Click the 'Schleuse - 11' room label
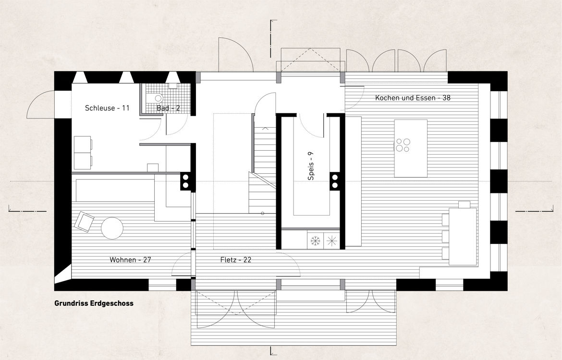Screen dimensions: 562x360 click(x=107, y=108)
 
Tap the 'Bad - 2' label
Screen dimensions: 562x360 click(x=168, y=108)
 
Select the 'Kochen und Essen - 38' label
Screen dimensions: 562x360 click(x=413, y=97)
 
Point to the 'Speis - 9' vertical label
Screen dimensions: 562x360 click(x=311, y=166)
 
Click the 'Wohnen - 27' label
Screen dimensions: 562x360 click(x=131, y=260)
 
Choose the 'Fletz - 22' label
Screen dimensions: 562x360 click(x=236, y=260)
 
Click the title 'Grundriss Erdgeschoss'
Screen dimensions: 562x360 click(x=94, y=303)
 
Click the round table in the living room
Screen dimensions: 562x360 click(x=112, y=228)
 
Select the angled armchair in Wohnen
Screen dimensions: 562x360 click(x=85, y=222)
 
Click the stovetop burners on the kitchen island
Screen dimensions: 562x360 click(x=403, y=144)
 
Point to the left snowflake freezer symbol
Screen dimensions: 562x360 click(x=316, y=240)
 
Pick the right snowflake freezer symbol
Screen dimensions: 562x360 click(x=331, y=240)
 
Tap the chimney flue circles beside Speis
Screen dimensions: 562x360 click(x=335, y=181)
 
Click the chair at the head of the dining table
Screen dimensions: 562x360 click(x=464, y=204)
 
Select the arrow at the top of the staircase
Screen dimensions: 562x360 click(x=266, y=128)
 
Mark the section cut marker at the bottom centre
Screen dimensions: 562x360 click(x=273, y=351)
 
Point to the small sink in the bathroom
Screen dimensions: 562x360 click(x=173, y=86)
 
